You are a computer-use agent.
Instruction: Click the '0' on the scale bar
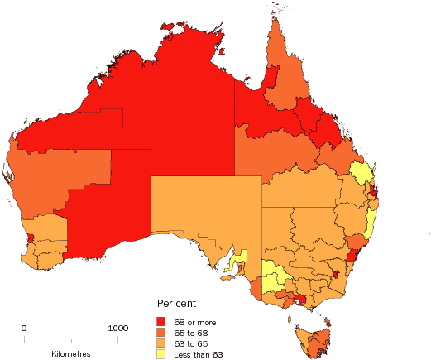pyautogui.click(x=24, y=329)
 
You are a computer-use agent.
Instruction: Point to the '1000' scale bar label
pyautogui.click(x=117, y=329)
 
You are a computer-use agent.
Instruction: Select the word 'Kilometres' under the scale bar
pyautogui.click(x=70, y=353)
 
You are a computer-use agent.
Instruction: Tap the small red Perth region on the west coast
pyautogui.click(x=31, y=239)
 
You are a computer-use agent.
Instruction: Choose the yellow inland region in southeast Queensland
pyautogui.click(x=360, y=173)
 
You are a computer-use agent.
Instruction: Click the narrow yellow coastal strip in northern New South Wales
pyautogui.click(x=372, y=220)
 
